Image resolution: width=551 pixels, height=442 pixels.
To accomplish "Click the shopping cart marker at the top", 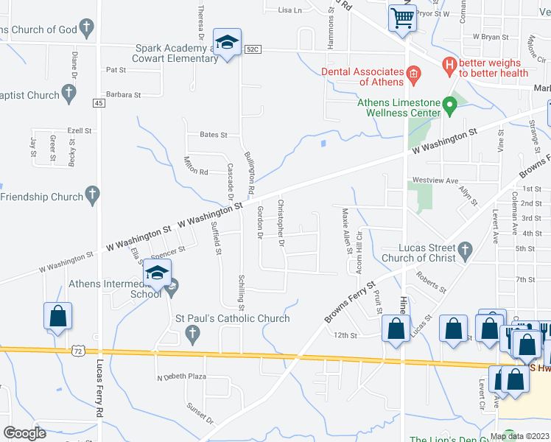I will click(x=402, y=18).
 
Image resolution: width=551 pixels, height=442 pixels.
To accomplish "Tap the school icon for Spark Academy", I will click(x=228, y=43).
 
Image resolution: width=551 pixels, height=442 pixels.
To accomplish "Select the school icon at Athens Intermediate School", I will click(x=157, y=273).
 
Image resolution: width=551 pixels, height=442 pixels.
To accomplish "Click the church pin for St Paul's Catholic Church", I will click(x=192, y=334).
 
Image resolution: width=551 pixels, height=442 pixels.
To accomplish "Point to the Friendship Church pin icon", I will click(x=92, y=195).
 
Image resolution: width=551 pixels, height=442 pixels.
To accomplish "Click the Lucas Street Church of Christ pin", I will click(x=465, y=251).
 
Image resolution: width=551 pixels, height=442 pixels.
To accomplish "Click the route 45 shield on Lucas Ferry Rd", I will click(x=99, y=103).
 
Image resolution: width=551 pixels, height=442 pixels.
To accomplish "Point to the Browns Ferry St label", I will click(x=351, y=302).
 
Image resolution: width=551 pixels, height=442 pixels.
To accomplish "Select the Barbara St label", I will click(x=123, y=94).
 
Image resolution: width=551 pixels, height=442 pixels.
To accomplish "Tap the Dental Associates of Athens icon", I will click(x=413, y=72).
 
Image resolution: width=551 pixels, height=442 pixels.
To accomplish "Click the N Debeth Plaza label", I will click(x=180, y=377).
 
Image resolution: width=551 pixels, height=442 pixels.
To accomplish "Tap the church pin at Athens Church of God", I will click(x=87, y=29).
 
